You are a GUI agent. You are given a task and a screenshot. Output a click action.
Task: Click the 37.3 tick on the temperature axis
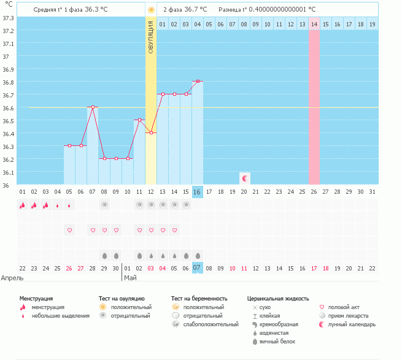(x=8, y=18)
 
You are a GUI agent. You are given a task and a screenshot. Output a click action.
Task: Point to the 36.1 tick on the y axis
(x=8, y=172)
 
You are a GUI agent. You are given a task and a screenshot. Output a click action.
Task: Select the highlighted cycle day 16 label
(x=198, y=192)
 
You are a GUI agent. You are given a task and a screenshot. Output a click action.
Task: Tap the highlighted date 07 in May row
(x=198, y=268)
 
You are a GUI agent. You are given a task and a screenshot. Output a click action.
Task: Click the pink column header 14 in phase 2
(x=314, y=24)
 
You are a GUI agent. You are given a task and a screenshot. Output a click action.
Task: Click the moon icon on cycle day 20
(x=245, y=178)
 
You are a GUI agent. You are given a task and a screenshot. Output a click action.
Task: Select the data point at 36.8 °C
(x=198, y=81)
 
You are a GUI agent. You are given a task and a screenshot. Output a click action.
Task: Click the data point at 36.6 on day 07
(x=93, y=107)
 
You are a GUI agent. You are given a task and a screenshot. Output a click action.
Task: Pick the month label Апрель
(x=12, y=278)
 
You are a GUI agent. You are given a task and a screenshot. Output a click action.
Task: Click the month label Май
(x=130, y=278)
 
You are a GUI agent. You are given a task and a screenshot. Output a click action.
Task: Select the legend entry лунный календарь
(x=352, y=324)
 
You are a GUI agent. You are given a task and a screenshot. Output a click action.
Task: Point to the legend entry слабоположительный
(x=211, y=324)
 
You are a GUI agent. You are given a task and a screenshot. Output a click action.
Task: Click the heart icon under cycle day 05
(x=69, y=230)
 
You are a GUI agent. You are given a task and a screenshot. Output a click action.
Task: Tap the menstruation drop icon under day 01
(x=22, y=205)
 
